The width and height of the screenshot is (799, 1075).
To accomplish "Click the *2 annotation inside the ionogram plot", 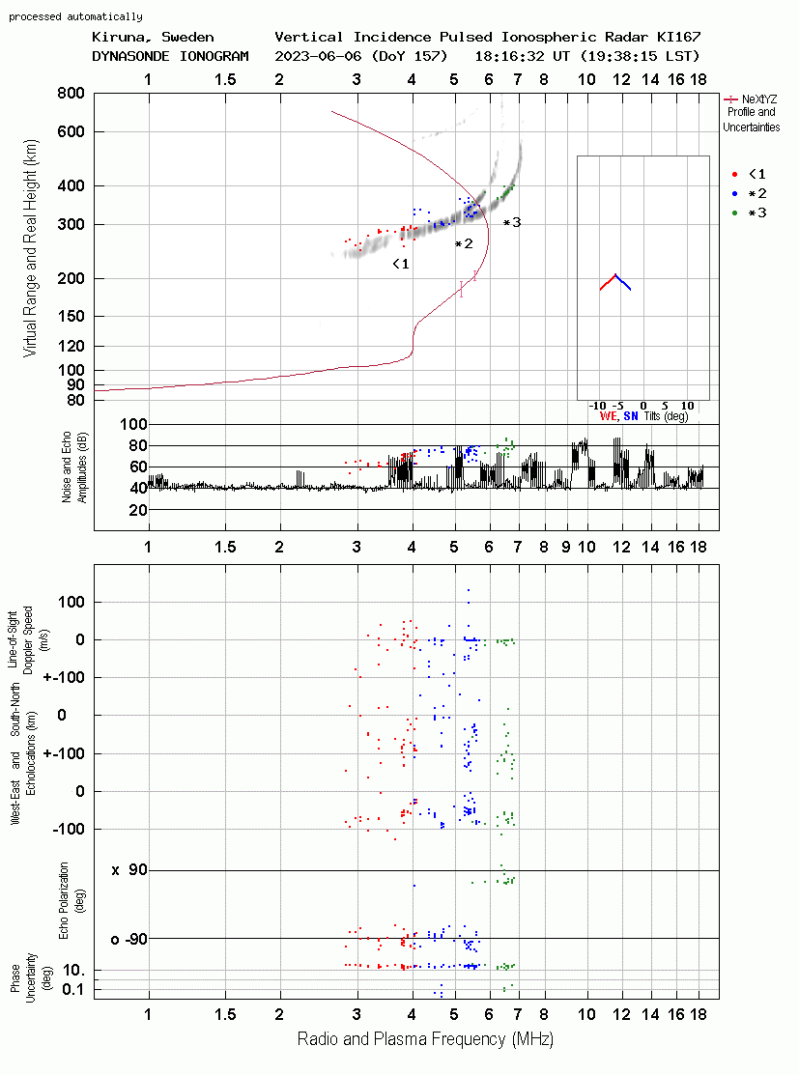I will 464,243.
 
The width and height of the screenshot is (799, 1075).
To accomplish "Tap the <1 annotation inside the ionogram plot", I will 401,264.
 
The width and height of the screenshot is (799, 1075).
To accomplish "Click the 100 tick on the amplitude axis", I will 132,425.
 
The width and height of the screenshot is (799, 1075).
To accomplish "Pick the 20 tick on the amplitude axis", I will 137,510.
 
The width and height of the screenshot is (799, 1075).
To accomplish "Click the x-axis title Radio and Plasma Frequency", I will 425,1039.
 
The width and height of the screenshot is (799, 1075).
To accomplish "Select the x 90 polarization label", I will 128,870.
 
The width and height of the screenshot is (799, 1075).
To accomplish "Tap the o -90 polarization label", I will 128,939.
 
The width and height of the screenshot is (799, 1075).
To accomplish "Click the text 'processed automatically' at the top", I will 75,16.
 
